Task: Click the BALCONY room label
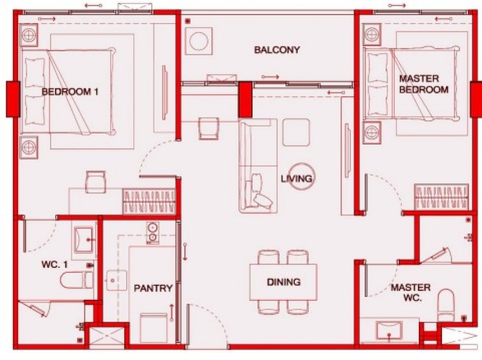277,50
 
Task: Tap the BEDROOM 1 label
70,92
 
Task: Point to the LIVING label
296,178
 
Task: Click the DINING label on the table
283,282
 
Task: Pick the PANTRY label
153,289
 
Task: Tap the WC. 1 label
55,264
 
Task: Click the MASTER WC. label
411,292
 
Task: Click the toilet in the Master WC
446,305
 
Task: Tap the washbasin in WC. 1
83,240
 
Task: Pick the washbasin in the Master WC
389,331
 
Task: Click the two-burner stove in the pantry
152,233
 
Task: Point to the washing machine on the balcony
199,41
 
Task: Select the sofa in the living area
258,166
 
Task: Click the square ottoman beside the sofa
296,132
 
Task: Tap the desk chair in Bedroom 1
96,182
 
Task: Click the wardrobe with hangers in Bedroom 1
149,201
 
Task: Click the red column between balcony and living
245,100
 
